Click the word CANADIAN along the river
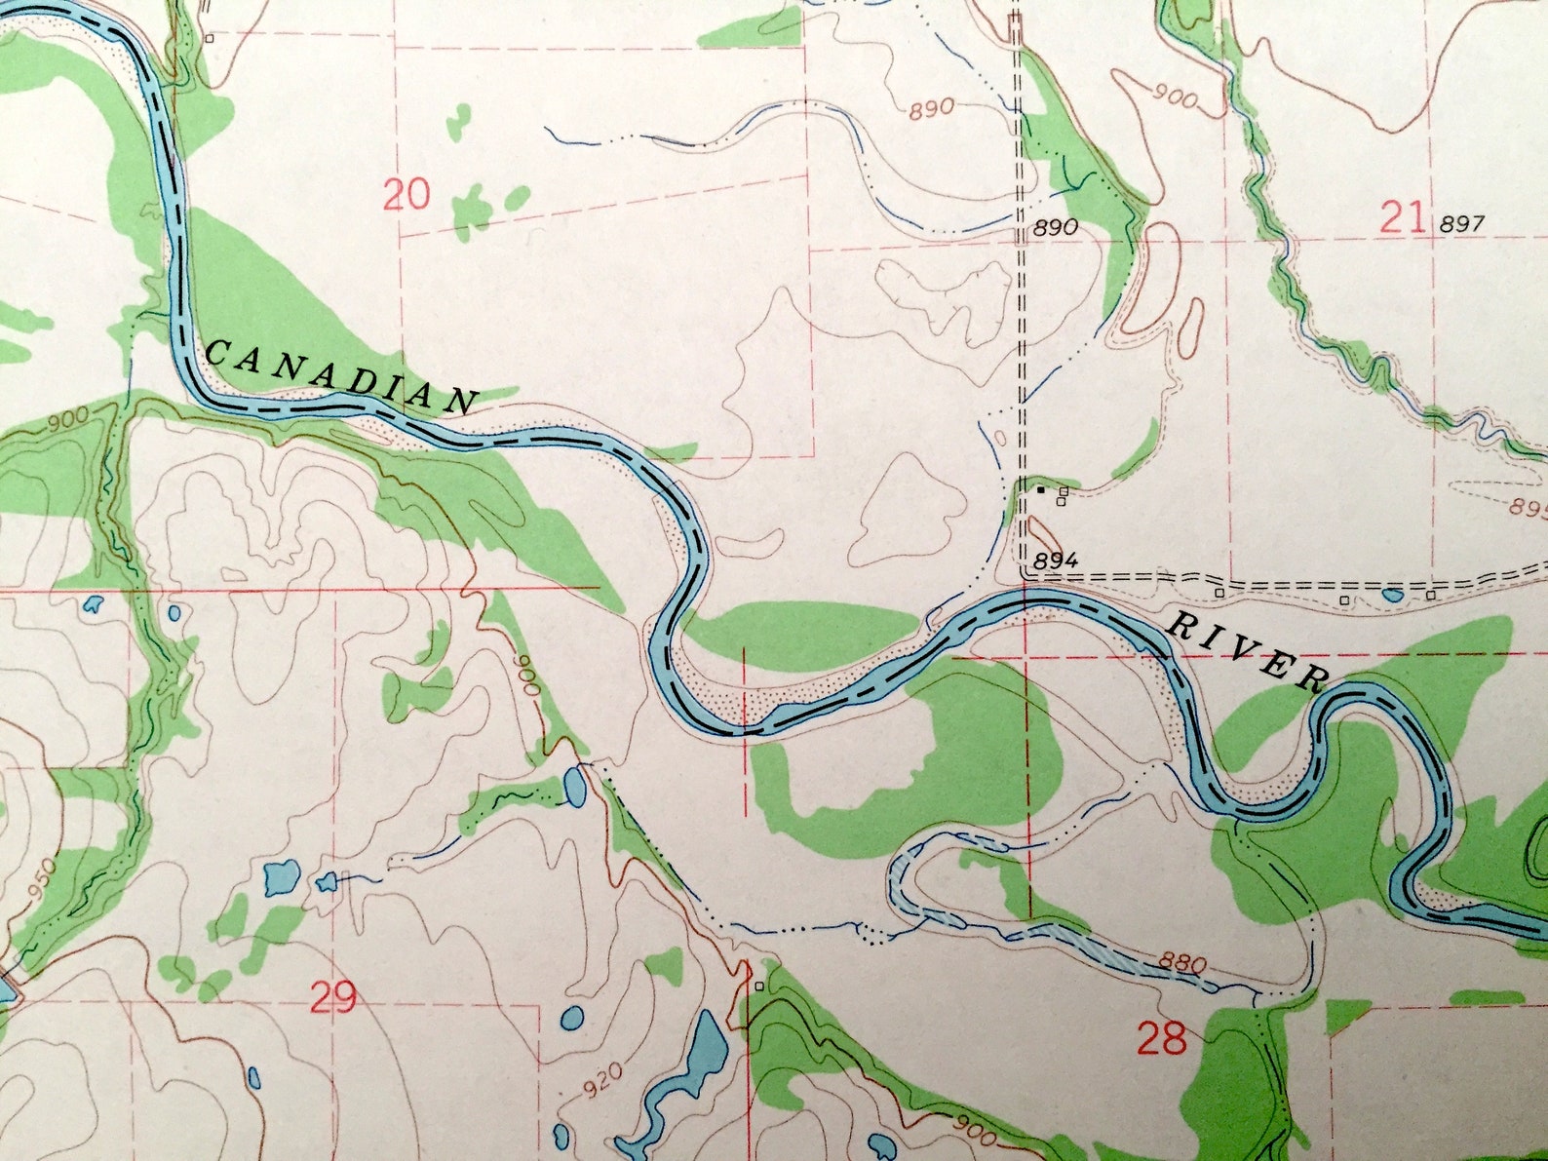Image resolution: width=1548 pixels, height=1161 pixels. coord(342,374)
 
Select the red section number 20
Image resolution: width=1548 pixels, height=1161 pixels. coord(406,196)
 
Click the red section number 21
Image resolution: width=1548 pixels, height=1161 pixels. coord(1404,216)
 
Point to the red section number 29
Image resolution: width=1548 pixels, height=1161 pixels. coord(333,997)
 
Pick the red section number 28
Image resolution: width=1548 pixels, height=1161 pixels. coord(1162,1039)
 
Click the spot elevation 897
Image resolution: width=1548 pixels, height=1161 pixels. coord(1461,224)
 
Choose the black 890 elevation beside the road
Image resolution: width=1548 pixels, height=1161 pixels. coord(1055,228)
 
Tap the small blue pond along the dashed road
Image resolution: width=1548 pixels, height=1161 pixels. coord(1391,594)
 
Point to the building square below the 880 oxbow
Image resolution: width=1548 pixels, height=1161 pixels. coord(759,986)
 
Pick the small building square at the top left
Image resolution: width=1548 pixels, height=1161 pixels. coord(210,38)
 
